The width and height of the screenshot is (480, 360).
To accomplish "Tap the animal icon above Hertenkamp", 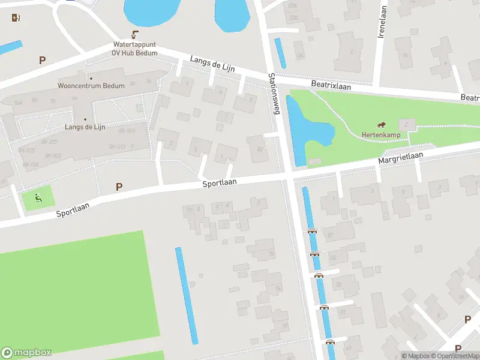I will click(382, 124).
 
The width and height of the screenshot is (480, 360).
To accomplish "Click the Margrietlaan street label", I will click(400, 158).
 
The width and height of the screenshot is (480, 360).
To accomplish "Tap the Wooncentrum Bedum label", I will click(91, 86).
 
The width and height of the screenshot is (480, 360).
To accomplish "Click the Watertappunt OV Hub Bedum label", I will click(135, 49).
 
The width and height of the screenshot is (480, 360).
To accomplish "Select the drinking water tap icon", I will click(135, 35).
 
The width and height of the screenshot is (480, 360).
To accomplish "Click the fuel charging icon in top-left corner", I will click(15, 17).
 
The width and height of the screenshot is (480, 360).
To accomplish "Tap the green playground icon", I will click(38, 197).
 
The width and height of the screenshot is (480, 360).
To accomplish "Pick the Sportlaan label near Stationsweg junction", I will click(220, 182).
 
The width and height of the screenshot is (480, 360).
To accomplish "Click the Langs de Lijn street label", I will click(211, 65).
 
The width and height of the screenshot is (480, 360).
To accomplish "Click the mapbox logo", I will click(26, 353).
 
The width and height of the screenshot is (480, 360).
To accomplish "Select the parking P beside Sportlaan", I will click(119, 187).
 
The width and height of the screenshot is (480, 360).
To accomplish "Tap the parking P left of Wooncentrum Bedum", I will click(42, 60).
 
